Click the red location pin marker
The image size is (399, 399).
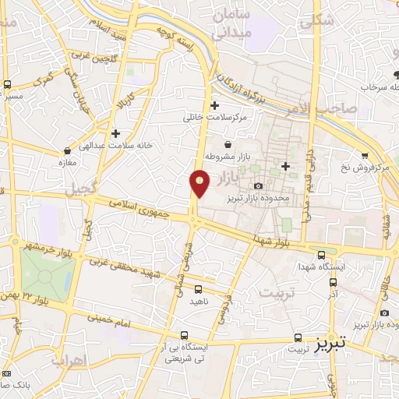pos(200,182)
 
